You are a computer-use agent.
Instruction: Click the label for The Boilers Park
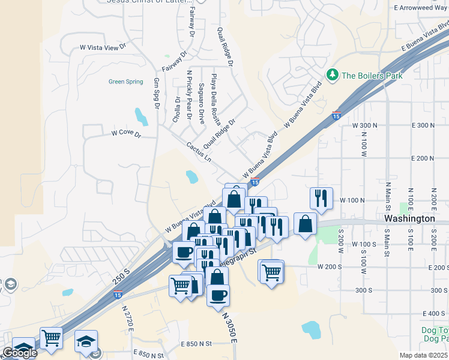tap(372, 76)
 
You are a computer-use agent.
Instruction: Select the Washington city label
tap(409, 218)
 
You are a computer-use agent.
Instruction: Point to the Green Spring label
tap(125, 82)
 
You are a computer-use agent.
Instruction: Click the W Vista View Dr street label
tap(103, 46)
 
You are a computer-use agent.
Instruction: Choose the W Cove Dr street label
tap(125, 134)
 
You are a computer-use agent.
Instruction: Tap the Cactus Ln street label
tap(199, 152)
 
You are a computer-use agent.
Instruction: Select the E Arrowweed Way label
tap(420, 8)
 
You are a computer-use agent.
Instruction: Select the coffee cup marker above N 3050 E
tap(218, 294)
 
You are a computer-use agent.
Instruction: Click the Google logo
tap(20, 353)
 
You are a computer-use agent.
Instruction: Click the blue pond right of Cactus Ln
tap(191, 176)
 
